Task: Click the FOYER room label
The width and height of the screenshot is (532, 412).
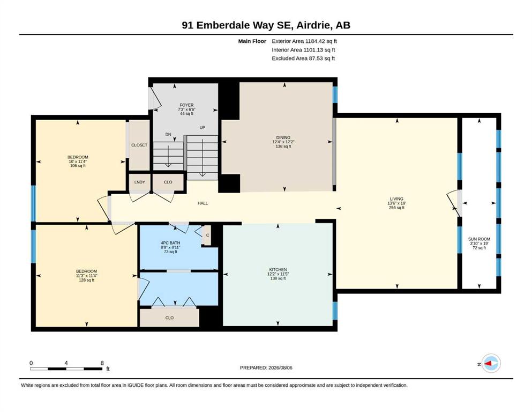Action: pyautogui.click(x=186, y=105)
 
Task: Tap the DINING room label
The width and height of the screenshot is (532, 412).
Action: pyautogui.click(x=283, y=137)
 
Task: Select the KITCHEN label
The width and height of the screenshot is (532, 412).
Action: pyautogui.click(x=278, y=270)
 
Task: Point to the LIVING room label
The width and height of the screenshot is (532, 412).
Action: pyautogui.click(x=396, y=199)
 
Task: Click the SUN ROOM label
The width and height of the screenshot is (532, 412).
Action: pyautogui.click(x=479, y=239)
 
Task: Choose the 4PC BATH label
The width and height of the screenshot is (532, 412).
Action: pyautogui.click(x=170, y=243)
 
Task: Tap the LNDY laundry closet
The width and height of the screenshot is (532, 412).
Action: pyautogui.click(x=139, y=182)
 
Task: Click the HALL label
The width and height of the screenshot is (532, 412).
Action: pyautogui.click(x=203, y=203)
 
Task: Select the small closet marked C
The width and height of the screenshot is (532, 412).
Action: pyautogui.click(x=207, y=235)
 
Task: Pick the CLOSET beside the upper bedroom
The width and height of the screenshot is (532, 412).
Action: pyautogui.click(x=139, y=145)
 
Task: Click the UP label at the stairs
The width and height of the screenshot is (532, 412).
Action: pyautogui.click(x=202, y=128)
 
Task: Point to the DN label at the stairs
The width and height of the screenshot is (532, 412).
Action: pyautogui.click(x=168, y=135)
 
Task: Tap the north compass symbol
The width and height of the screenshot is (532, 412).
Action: pyautogui.click(x=490, y=363)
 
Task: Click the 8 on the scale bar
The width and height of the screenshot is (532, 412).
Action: pyautogui.click(x=102, y=363)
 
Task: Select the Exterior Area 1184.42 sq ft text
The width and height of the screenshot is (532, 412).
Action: pyautogui.click(x=304, y=41)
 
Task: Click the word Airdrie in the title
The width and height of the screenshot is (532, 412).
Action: pyautogui.click(x=314, y=25)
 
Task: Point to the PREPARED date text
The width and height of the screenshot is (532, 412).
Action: pyautogui.click(x=266, y=368)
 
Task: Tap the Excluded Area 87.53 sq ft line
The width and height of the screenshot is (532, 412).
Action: pyautogui.click(x=303, y=58)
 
